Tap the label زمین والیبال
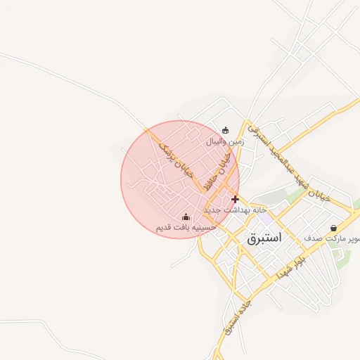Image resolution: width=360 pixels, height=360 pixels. pos(224,141)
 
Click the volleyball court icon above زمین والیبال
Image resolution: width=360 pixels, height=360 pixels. pos(225,130)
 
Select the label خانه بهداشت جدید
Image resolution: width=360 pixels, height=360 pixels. pos(232,210)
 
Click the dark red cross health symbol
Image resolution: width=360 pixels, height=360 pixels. pos(235,199)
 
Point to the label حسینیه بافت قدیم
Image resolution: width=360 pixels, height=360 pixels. pos(185,228)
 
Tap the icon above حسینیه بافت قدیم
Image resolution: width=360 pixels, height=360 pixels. pos(186,217)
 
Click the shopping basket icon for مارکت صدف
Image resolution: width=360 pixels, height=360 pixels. pos(333,228)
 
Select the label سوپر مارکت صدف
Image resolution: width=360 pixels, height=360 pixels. pos(333,238)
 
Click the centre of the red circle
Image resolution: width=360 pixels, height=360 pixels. pos(180,179)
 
